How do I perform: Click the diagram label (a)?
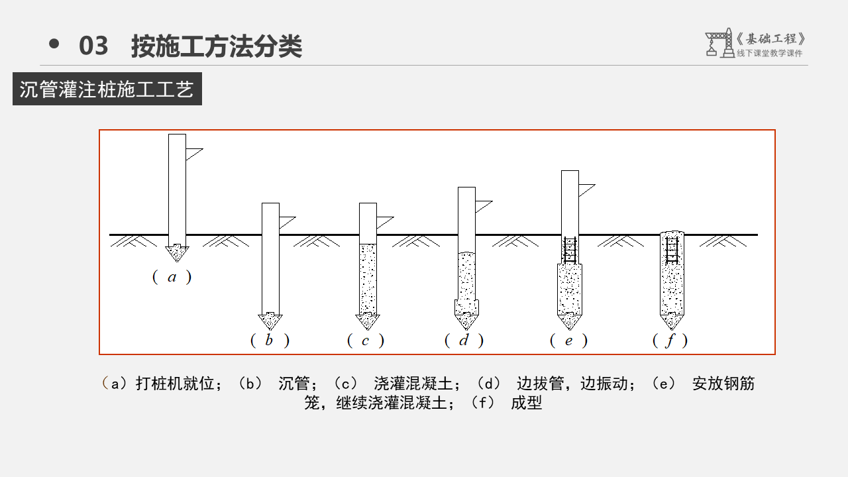(172, 278)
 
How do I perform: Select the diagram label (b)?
(269, 341)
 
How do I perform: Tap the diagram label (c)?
(366, 341)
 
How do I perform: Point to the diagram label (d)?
(464, 341)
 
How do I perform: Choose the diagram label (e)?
(568, 341)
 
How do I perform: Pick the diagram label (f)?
(670, 341)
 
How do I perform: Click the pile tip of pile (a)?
(177, 253)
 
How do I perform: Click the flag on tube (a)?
(193, 154)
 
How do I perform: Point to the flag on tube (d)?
(482, 206)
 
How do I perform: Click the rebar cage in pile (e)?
(570, 250)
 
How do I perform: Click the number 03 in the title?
(93, 46)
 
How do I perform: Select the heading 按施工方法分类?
(217, 46)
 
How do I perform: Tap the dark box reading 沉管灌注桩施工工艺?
(107, 89)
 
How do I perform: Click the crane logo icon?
(719, 43)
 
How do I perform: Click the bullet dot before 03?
(54, 44)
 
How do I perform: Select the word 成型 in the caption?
(527, 403)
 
